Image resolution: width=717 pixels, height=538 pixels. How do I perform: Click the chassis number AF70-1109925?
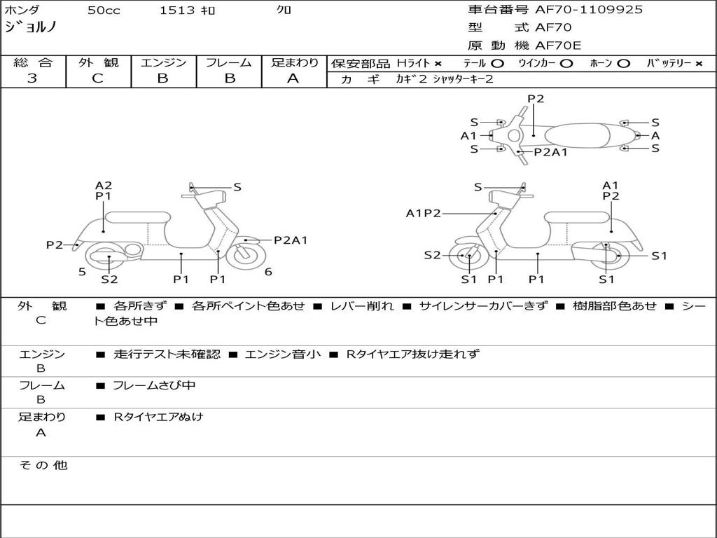coord(589,10)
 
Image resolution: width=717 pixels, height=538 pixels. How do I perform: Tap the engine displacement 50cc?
coord(104,11)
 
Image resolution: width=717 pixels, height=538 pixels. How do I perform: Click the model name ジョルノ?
coord(31,27)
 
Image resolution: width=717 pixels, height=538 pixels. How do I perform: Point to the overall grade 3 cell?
coord(32,78)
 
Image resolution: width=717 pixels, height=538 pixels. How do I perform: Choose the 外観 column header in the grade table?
coord(98,62)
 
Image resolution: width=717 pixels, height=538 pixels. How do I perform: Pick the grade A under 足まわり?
coord(293,78)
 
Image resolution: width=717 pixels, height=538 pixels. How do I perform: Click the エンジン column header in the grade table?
coord(163,62)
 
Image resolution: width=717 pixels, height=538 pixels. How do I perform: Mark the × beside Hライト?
coord(438,64)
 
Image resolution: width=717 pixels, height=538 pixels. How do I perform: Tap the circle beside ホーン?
coord(623,64)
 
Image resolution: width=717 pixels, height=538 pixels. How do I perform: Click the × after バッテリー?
coord(699,64)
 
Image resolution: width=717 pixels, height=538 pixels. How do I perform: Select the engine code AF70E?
coord(558,46)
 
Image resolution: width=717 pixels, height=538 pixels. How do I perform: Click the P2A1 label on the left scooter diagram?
coord(291,240)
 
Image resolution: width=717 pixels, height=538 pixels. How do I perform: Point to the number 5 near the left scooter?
coord(82,272)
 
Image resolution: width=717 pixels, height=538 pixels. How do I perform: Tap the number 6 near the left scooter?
coord(268,272)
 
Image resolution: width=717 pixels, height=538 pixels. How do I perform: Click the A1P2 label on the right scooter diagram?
coord(423,214)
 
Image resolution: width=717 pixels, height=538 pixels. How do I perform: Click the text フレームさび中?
coord(154,385)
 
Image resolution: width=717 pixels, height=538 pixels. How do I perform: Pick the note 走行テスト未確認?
coord(167,354)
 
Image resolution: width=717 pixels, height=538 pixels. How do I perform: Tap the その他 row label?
coord(43,465)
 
